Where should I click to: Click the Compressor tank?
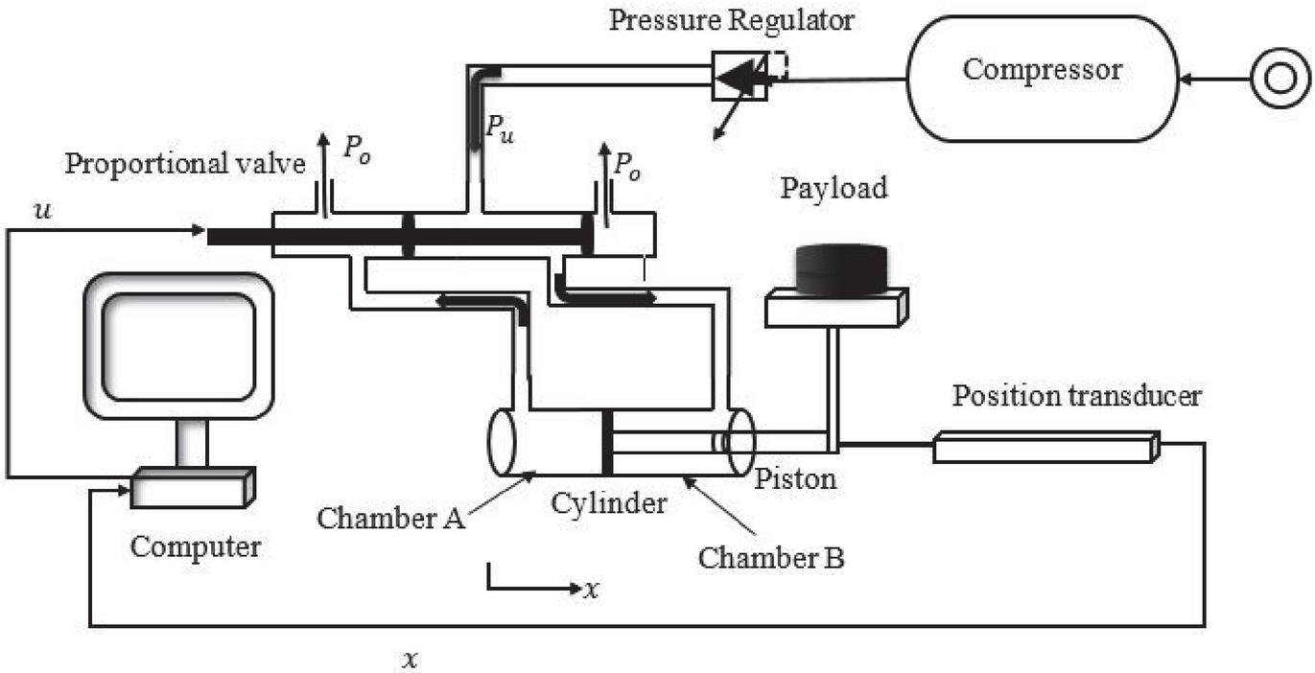(1042, 79)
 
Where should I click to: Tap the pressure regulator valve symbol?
(740, 77)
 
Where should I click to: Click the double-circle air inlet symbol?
(1279, 79)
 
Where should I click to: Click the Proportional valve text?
(184, 163)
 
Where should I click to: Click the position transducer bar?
(1045, 448)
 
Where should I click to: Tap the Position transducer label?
(1076, 395)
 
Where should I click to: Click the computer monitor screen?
(178, 347)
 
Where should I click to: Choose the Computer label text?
(196, 547)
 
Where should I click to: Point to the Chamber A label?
(391, 518)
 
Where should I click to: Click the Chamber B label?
(771, 557)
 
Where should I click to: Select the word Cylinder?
(608, 502)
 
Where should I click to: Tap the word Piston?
(794, 477)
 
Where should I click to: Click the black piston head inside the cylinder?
(607, 442)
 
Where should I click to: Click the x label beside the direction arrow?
(592, 589)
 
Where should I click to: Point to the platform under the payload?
(835, 306)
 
